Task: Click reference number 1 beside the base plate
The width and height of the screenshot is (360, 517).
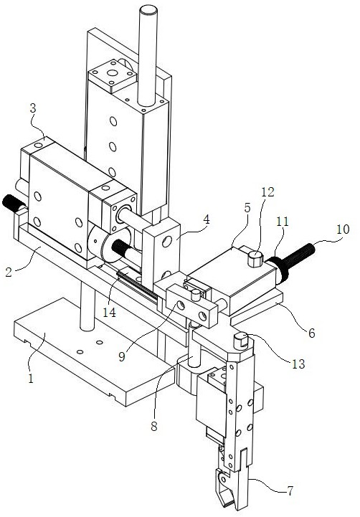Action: pos(31,379)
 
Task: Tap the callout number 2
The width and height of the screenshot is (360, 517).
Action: pos(9,272)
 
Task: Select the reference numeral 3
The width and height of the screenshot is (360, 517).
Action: pos(33,108)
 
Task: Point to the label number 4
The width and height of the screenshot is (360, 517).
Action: pos(206,219)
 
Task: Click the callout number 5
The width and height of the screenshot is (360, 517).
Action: pos(247,208)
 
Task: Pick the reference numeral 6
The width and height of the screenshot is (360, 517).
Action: pos(311,333)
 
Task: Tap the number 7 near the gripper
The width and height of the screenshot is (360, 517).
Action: pos(290,491)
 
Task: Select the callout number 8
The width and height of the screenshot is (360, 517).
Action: pos(154,427)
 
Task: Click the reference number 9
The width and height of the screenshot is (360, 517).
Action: pos(122,356)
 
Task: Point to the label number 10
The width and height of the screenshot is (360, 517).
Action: pos(343,229)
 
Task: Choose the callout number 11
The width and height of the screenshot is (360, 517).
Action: pos(283,222)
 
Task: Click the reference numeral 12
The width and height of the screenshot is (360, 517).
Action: pos(267,191)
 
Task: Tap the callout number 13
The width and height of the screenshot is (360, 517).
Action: pos(298,364)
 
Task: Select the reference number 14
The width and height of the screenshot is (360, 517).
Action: pos(109,312)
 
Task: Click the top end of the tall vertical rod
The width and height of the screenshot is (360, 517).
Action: pos(148,9)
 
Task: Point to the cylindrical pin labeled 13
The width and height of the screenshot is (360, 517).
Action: pos(242,341)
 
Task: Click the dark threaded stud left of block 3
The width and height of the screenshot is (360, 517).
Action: pos(14,203)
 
